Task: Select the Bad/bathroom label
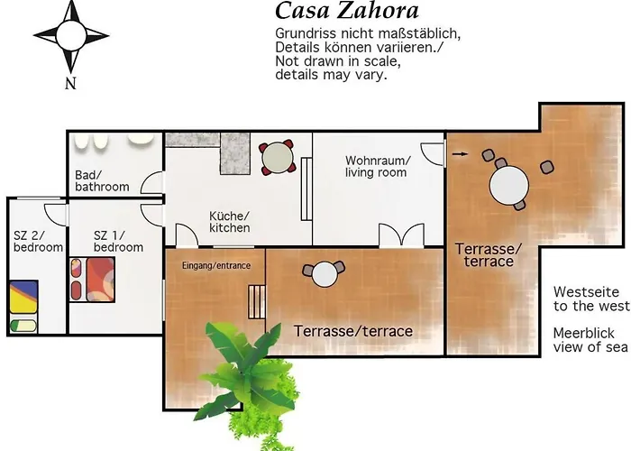[x=102, y=180]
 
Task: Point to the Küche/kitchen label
[x=230, y=222]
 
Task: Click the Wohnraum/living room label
[x=377, y=166]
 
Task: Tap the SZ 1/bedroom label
[x=118, y=241]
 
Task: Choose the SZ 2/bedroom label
[x=38, y=241]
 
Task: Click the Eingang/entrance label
[x=215, y=265]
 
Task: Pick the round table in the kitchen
[x=277, y=159]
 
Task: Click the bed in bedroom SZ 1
[x=93, y=279]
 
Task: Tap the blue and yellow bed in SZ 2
[x=24, y=295]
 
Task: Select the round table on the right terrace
[x=508, y=186]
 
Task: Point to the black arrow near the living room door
[x=460, y=154]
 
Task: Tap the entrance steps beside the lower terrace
[x=259, y=301]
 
